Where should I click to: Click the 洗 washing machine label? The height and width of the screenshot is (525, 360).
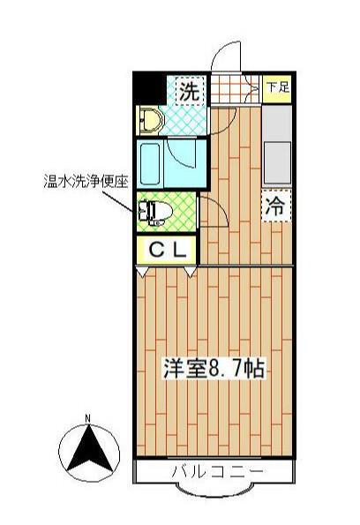[x=190, y=89]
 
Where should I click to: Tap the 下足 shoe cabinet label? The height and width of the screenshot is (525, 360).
[x=277, y=86]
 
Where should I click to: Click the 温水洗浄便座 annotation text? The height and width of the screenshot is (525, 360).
[x=86, y=183]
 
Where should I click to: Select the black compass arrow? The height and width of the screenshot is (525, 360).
[x=87, y=451]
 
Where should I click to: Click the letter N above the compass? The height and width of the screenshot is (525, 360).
[x=87, y=418]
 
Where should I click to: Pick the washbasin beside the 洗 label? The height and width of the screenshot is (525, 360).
[x=150, y=119]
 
